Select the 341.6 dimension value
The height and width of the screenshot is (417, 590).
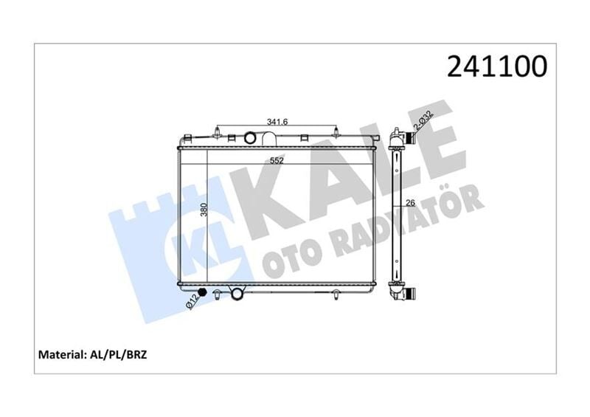[276, 122]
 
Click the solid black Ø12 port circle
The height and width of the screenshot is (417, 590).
[204, 294]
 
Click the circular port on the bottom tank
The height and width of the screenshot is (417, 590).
[237, 294]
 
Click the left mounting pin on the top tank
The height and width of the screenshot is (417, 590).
[218, 134]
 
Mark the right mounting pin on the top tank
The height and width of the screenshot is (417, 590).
[337, 134]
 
